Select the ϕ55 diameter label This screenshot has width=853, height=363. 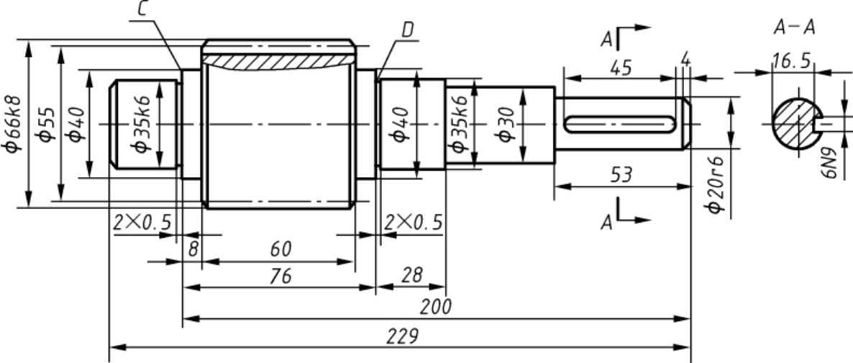click(x=47, y=125)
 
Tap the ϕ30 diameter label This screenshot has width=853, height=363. click(x=506, y=125)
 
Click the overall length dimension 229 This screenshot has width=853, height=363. click(x=403, y=336)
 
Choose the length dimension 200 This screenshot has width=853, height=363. click(x=436, y=307)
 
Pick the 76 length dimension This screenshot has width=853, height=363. click(x=280, y=277)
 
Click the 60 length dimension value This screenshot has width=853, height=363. click(x=280, y=249)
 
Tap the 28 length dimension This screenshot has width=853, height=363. click(x=412, y=275)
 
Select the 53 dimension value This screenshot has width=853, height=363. click(x=622, y=175)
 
